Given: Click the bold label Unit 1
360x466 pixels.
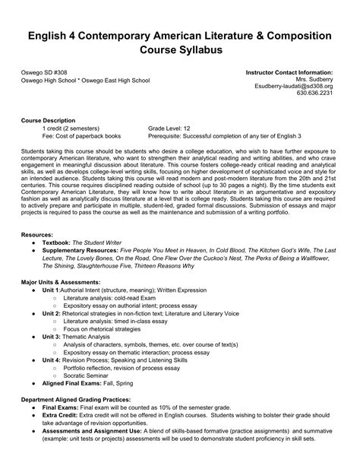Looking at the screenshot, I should pyautogui.click(x=52, y=290).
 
